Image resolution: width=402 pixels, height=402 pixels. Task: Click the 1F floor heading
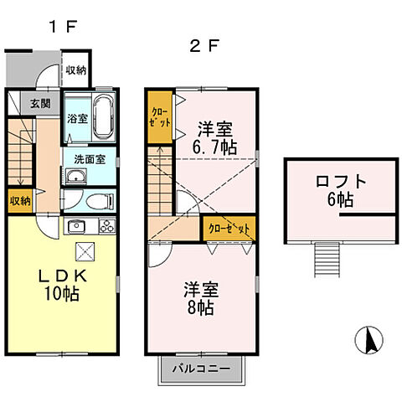click(x=63, y=27)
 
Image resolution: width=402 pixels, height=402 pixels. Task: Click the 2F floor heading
click(x=204, y=46)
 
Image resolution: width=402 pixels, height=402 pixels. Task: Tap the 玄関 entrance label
click(x=41, y=104)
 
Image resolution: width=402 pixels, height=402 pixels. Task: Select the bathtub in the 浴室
click(x=104, y=117)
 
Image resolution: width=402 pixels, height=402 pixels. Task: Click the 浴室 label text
click(x=77, y=119)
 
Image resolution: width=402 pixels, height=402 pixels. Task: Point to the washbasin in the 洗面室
click(x=76, y=177)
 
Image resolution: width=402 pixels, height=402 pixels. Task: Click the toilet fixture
click(x=100, y=201)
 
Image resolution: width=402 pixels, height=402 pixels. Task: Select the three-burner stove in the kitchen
click(x=107, y=226)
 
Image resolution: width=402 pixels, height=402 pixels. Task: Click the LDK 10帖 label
click(x=62, y=285)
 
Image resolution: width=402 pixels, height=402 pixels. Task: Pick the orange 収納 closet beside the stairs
click(x=20, y=201)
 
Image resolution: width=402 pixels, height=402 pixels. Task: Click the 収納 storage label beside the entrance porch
click(x=76, y=70)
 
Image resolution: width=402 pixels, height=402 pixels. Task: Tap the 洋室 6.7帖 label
click(x=215, y=138)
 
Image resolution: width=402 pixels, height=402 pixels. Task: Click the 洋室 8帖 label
click(x=201, y=298)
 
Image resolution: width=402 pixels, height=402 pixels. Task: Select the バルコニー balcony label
click(x=202, y=368)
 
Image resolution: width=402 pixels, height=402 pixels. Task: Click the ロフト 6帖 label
click(x=341, y=190)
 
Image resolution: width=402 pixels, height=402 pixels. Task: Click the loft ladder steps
click(x=327, y=260)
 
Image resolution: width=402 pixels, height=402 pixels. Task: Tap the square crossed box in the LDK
click(x=85, y=251)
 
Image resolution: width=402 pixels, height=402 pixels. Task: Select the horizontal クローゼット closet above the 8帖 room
click(x=229, y=229)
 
